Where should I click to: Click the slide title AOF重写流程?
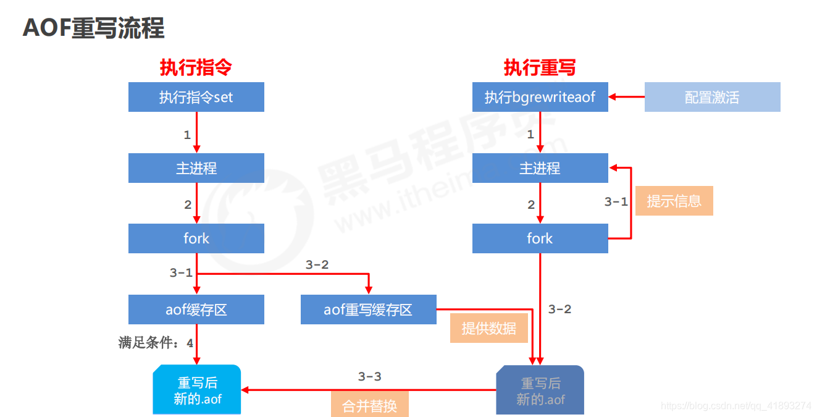pyautogui.click(x=94, y=28)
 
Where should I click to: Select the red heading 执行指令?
pyautogui.click(x=196, y=67)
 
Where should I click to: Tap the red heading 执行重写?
pyautogui.click(x=540, y=67)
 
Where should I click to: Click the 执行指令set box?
pyautogui.click(x=196, y=97)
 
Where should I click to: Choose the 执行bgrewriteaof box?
pyautogui.click(x=540, y=97)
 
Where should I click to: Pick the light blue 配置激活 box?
pyautogui.click(x=712, y=97)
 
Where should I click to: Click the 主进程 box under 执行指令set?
pyautogui.click(x=196, y=168)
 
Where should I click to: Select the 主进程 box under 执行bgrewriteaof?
pyautogui.click(x=540, y=168)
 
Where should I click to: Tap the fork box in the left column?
pyautogui.click(x=196, y=238)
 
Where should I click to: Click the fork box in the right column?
pyautogui.click(x=540, y=238)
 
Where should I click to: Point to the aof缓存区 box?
pyautogui.click(x=196, y=310)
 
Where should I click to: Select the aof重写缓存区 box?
pyautogui.click(x=368, y=310)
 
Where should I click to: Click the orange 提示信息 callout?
pyautogui.click(x=674, y=201)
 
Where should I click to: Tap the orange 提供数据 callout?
pyautogui.click(x=488, y=328)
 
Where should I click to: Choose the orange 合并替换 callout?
pyautogui.click(x=369, y=406)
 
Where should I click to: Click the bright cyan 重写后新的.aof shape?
pyautogui.click(x=197, y=390)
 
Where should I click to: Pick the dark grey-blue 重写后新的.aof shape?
pyautogui.click(x=540, y=390)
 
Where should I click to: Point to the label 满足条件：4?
pyautogui.click(x=155, y=342)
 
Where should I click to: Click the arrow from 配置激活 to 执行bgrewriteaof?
pyautogui.click(x=626, y=97)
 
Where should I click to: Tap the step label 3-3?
pyautogui.click(x=369, y=376)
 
